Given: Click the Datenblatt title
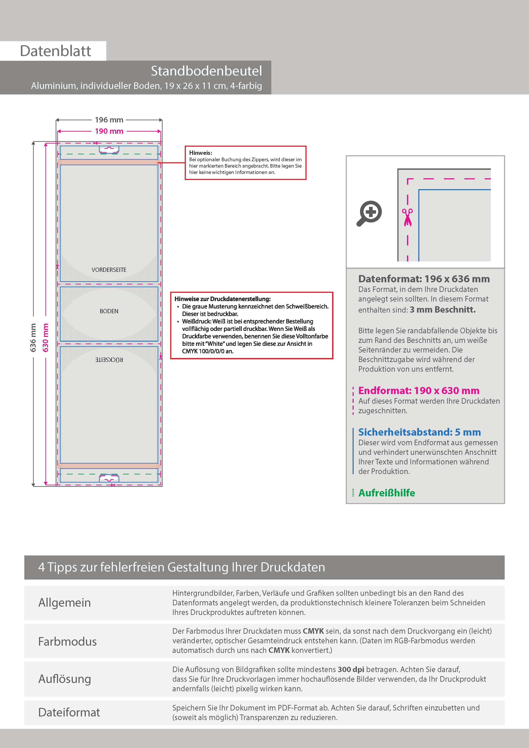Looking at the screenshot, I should (x=55, y=51).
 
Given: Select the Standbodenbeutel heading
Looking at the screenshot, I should (x=206, y=71).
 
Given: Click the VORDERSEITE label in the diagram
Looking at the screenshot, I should (x=109, y=270).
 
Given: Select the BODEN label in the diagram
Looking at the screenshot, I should (x=109, y=311).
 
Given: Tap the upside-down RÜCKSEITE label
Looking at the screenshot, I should (x=109, y=360).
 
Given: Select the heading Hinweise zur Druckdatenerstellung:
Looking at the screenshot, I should (x=222, y=299).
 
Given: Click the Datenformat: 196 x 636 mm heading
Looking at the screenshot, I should (x=424, y=279).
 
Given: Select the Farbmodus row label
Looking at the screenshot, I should (x=67, y=641).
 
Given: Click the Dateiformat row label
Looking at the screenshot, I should (x=69, y=712).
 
